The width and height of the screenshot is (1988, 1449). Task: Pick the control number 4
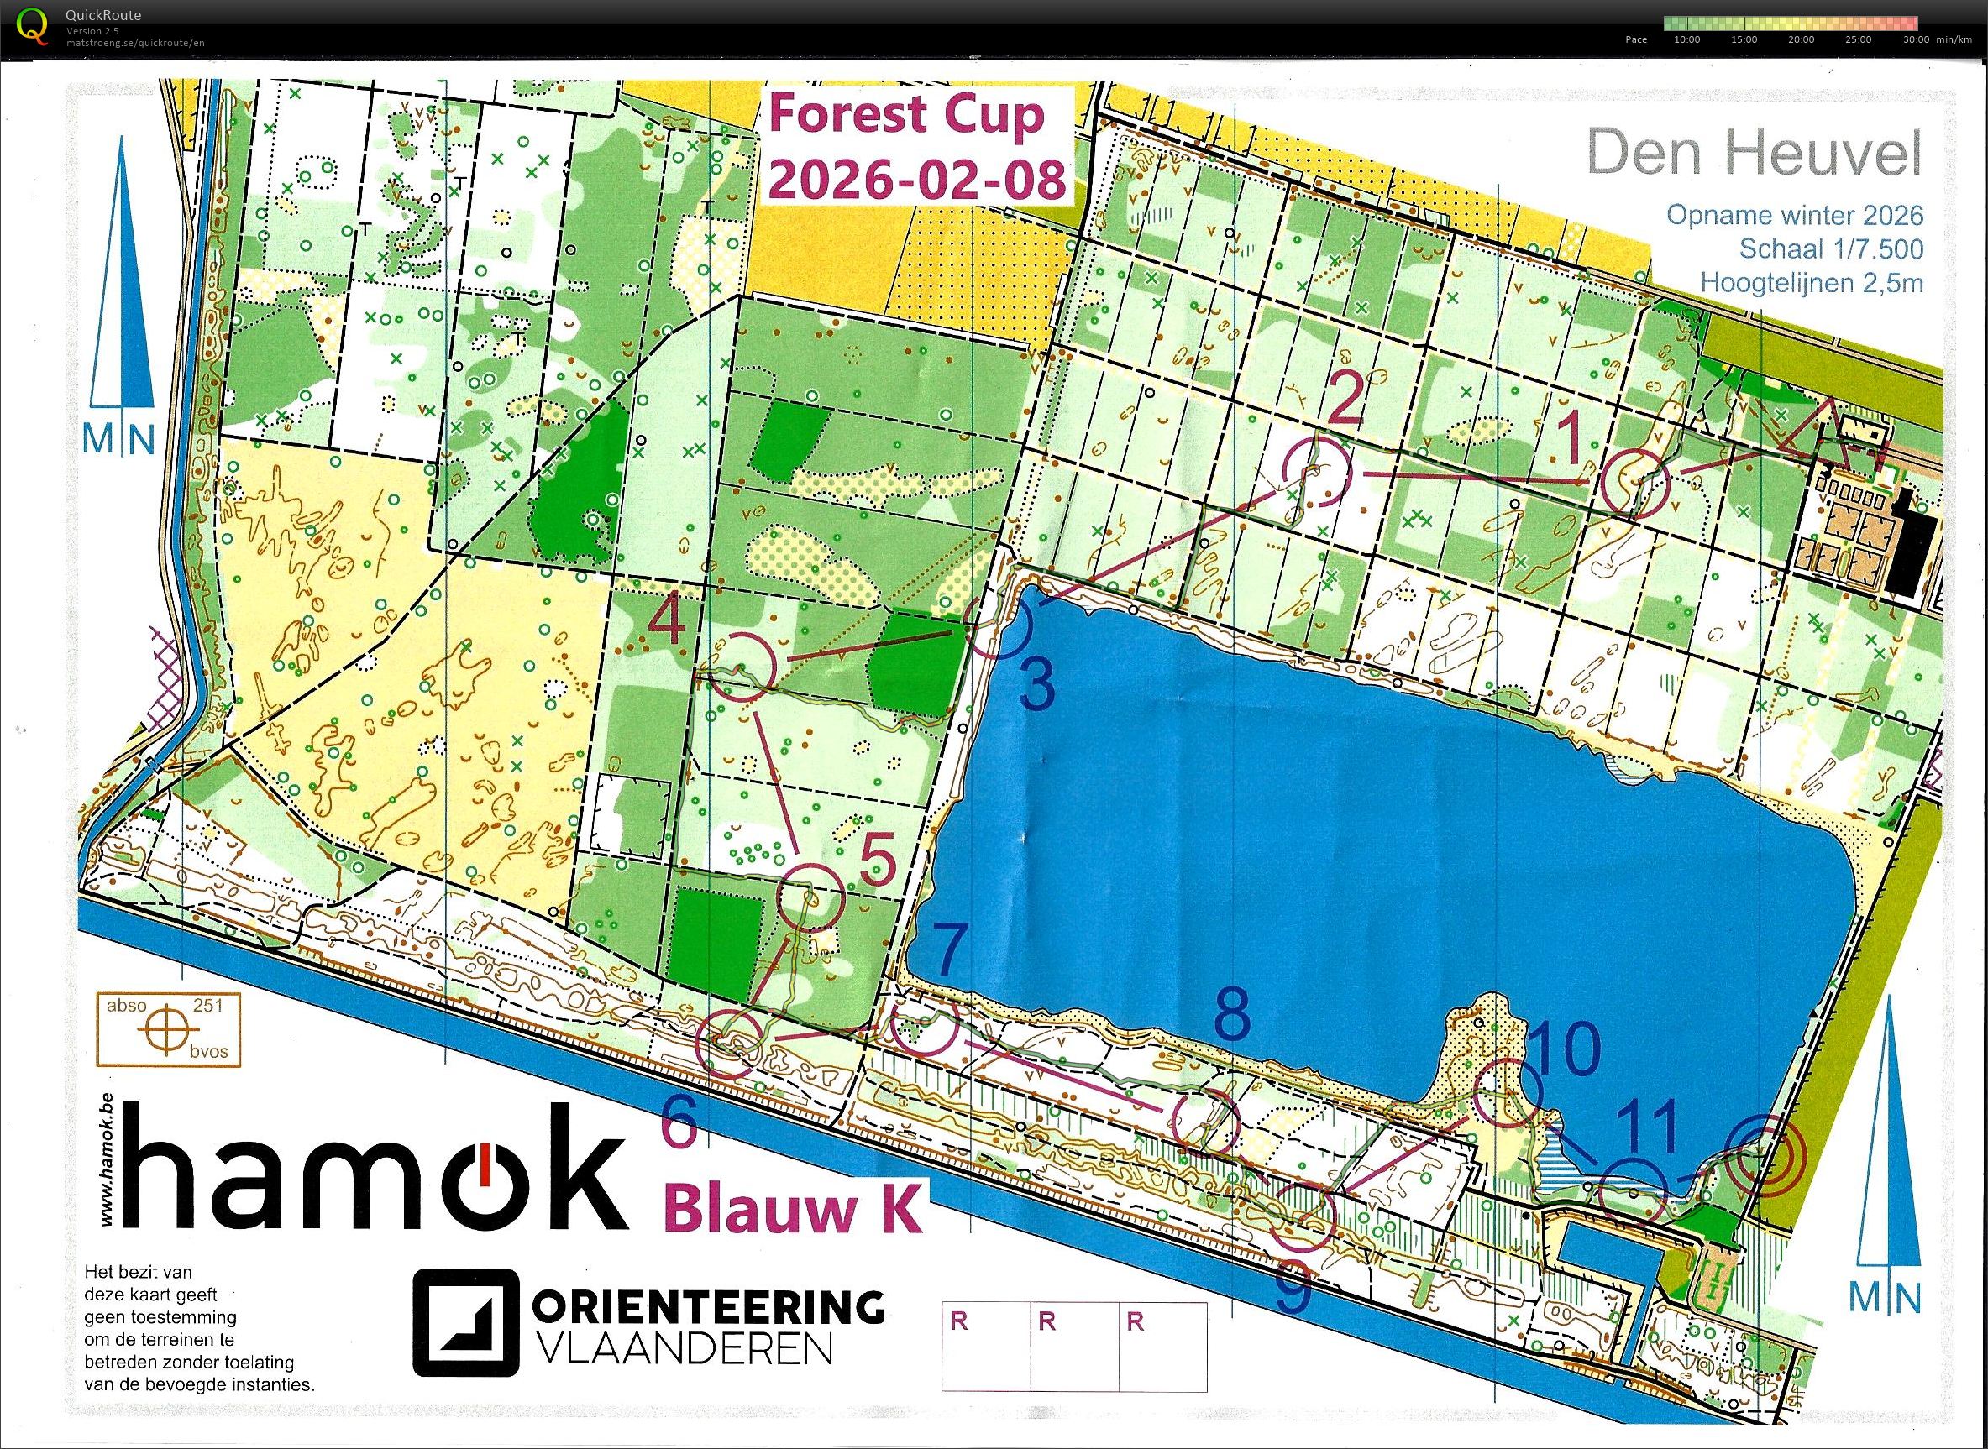point(667,626)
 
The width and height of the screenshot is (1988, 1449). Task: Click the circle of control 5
point(810,897)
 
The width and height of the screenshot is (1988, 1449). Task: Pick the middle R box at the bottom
point(1075,1347)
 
